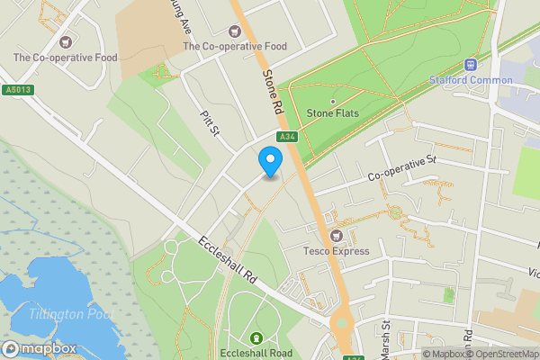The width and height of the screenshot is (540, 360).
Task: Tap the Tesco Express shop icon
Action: [x=337, y=236]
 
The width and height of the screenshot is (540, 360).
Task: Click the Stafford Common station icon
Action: [x=469, y=65]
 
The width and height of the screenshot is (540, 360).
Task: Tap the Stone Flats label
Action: [x=333, y=113]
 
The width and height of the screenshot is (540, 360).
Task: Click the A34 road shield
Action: [x=287, y=137]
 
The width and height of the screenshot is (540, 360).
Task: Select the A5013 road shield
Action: [x=17, y=89]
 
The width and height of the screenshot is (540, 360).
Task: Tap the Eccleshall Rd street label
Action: [x=229, y=263]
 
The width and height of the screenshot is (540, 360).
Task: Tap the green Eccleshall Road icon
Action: [x=256, y=338]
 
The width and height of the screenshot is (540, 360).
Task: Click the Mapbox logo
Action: [x=39, y=348]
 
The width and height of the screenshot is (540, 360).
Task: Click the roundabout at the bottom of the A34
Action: [x=341, y=323]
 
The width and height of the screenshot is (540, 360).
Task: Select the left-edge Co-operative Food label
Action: [x=65, y=58]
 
